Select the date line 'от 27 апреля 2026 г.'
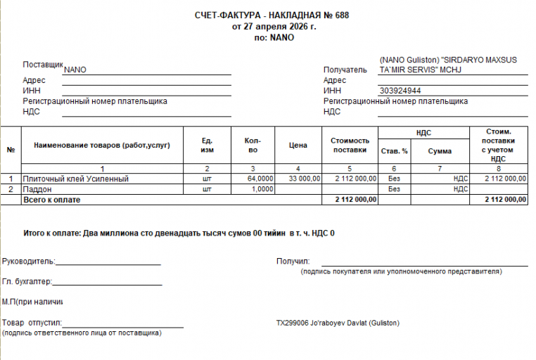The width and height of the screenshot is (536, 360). point(274,27)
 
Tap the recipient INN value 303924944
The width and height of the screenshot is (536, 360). point(400,91)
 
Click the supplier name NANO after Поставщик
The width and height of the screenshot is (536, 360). point(75,70)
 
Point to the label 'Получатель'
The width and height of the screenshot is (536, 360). point(345,70)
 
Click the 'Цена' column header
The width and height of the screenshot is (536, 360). point(298,146)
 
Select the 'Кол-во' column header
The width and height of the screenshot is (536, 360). point(253,146)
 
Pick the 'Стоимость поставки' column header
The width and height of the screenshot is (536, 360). point(350,146)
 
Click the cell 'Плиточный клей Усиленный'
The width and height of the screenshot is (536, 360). point(76,179)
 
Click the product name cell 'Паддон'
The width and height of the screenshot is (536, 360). point(38,189)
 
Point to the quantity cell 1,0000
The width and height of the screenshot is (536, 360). point(262,189)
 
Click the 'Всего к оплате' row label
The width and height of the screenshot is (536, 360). point(52,200)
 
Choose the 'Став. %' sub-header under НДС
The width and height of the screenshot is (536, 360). point(394,151)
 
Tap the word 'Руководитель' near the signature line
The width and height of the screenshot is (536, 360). point(27,262)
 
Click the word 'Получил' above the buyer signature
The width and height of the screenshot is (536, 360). point(293,262)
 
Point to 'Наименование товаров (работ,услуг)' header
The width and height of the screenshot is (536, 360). point(102,146)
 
